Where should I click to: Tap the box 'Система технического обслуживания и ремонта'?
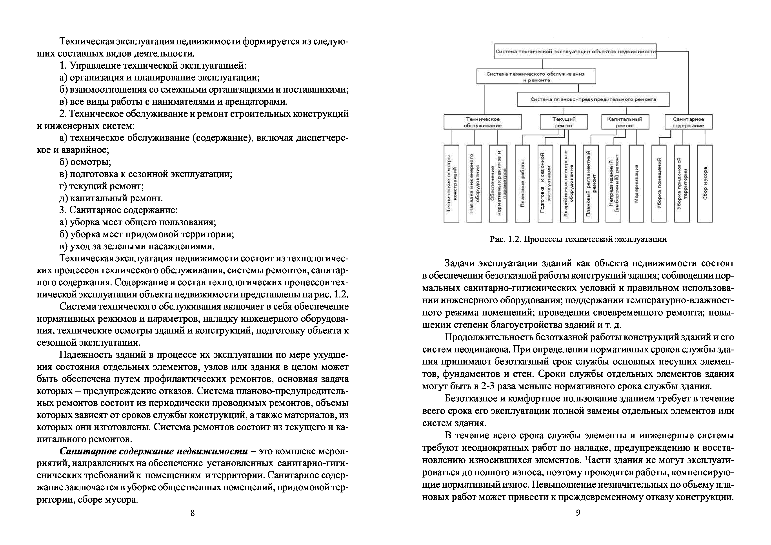[536, 77]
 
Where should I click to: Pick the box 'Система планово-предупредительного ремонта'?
[593, 99]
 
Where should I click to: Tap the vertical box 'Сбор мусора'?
[704, 184]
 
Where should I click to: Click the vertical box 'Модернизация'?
[636, 184]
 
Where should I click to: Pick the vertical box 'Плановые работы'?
[522, 184]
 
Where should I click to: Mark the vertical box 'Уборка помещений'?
[659, 184]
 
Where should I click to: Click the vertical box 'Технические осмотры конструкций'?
[451, 184]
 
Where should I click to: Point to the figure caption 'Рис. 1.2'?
[578, 239]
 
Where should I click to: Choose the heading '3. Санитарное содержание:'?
[118, 210]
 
